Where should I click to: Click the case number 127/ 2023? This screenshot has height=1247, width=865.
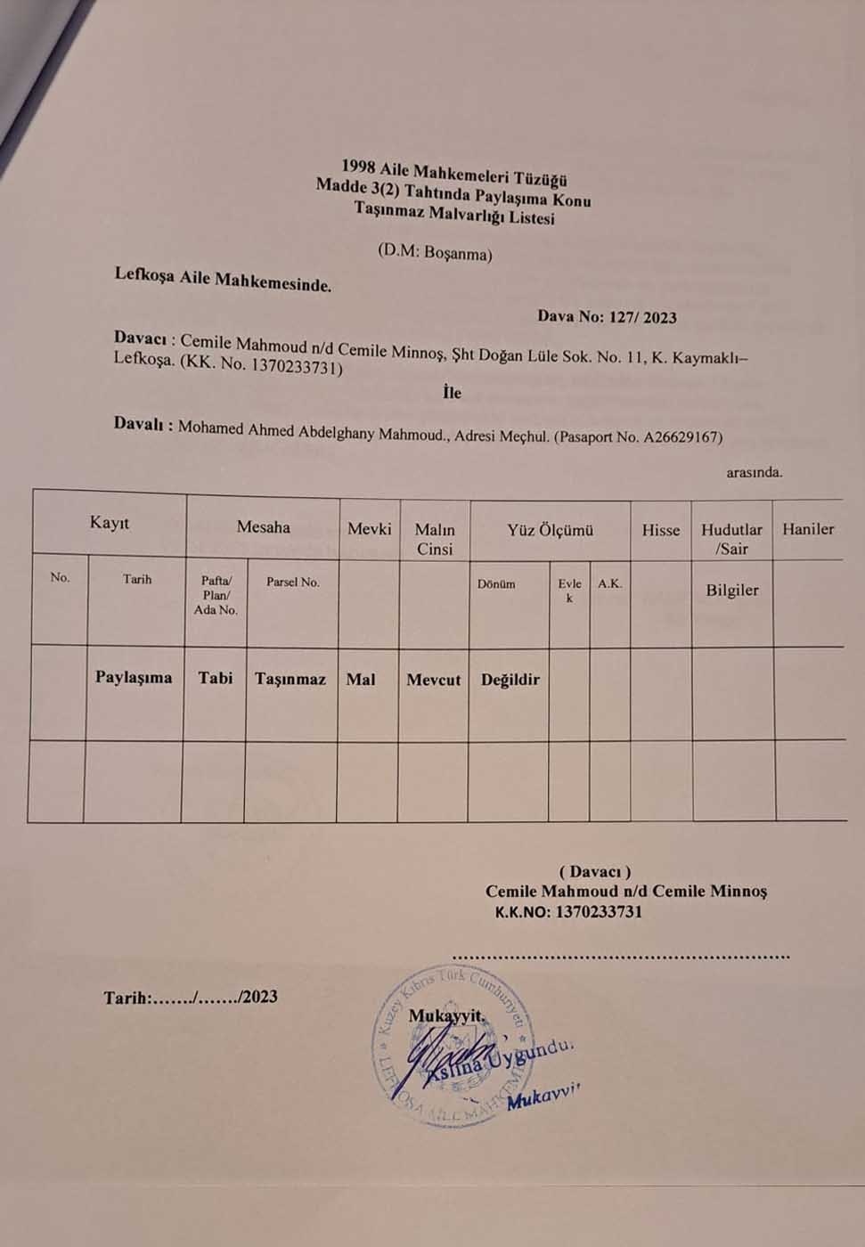pos(641,317)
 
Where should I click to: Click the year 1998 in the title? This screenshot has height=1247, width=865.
pos(358,166)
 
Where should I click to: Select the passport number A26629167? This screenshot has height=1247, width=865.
pos(681,437)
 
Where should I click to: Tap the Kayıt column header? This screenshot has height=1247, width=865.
pos(109,523)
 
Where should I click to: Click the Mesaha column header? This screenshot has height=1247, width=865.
pos(263,527)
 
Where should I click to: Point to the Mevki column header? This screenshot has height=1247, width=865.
pos(369,529)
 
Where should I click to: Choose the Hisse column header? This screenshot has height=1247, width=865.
pos(660,530)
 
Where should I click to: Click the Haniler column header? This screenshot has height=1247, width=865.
pos(808,529)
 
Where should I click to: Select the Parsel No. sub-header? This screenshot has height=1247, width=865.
pos(292,583)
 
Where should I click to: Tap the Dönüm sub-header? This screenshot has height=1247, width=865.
pos(496,584)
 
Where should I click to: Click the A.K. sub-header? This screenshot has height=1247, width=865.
pos(610,584)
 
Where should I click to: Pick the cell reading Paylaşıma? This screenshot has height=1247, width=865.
pos(134,677)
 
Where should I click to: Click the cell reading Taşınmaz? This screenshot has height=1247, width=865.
pos(290,679)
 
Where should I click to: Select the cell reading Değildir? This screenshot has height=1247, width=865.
pos(510,680)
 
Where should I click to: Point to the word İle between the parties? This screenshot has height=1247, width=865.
pos(453,392)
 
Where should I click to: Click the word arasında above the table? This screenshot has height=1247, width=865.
pos(754,472)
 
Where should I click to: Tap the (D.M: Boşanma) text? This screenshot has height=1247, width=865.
pos(435,253)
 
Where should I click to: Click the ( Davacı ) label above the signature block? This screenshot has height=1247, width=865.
pos(595,872)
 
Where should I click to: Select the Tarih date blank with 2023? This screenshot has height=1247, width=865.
pos(191,998)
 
